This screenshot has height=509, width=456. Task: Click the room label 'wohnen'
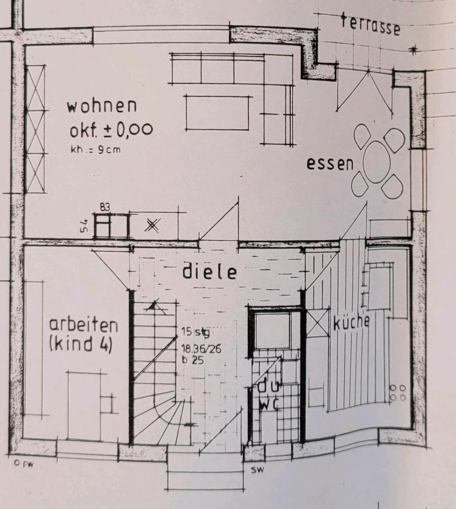pos(101,106)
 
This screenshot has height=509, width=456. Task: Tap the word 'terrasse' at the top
pos(370,24)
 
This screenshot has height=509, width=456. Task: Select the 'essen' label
pos(330,164)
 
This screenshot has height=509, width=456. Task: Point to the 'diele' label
pos(209,271)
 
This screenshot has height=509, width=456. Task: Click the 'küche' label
pos(351,322)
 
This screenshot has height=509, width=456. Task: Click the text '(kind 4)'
pos(80,345)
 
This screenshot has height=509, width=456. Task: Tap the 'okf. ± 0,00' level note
pos(111,129)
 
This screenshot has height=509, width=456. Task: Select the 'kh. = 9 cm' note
pos(95,150)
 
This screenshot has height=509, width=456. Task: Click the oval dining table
pos(378,161)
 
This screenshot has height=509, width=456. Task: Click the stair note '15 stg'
pos(195,332)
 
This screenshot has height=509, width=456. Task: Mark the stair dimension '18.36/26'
pos(199,348)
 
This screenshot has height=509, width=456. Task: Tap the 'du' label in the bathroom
pos(266,387)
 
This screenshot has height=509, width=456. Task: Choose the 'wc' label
pos(269,404)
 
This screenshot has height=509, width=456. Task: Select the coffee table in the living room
pos(217,112)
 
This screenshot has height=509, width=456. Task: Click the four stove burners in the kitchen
pos(398,392)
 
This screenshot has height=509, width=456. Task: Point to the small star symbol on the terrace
pos(413,50)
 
